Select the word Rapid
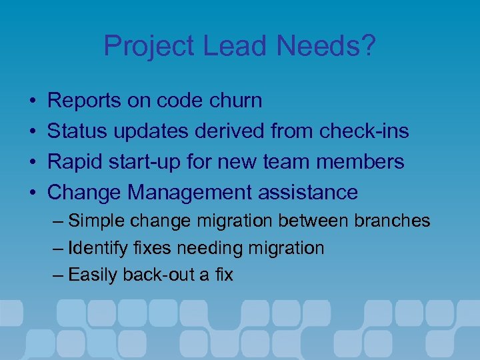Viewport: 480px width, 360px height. tap(75, 162)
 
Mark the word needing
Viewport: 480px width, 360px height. tap(212, 249)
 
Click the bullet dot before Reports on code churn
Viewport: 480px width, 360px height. tap(33, 101)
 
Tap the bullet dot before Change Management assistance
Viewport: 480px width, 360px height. tap(33, 193)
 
